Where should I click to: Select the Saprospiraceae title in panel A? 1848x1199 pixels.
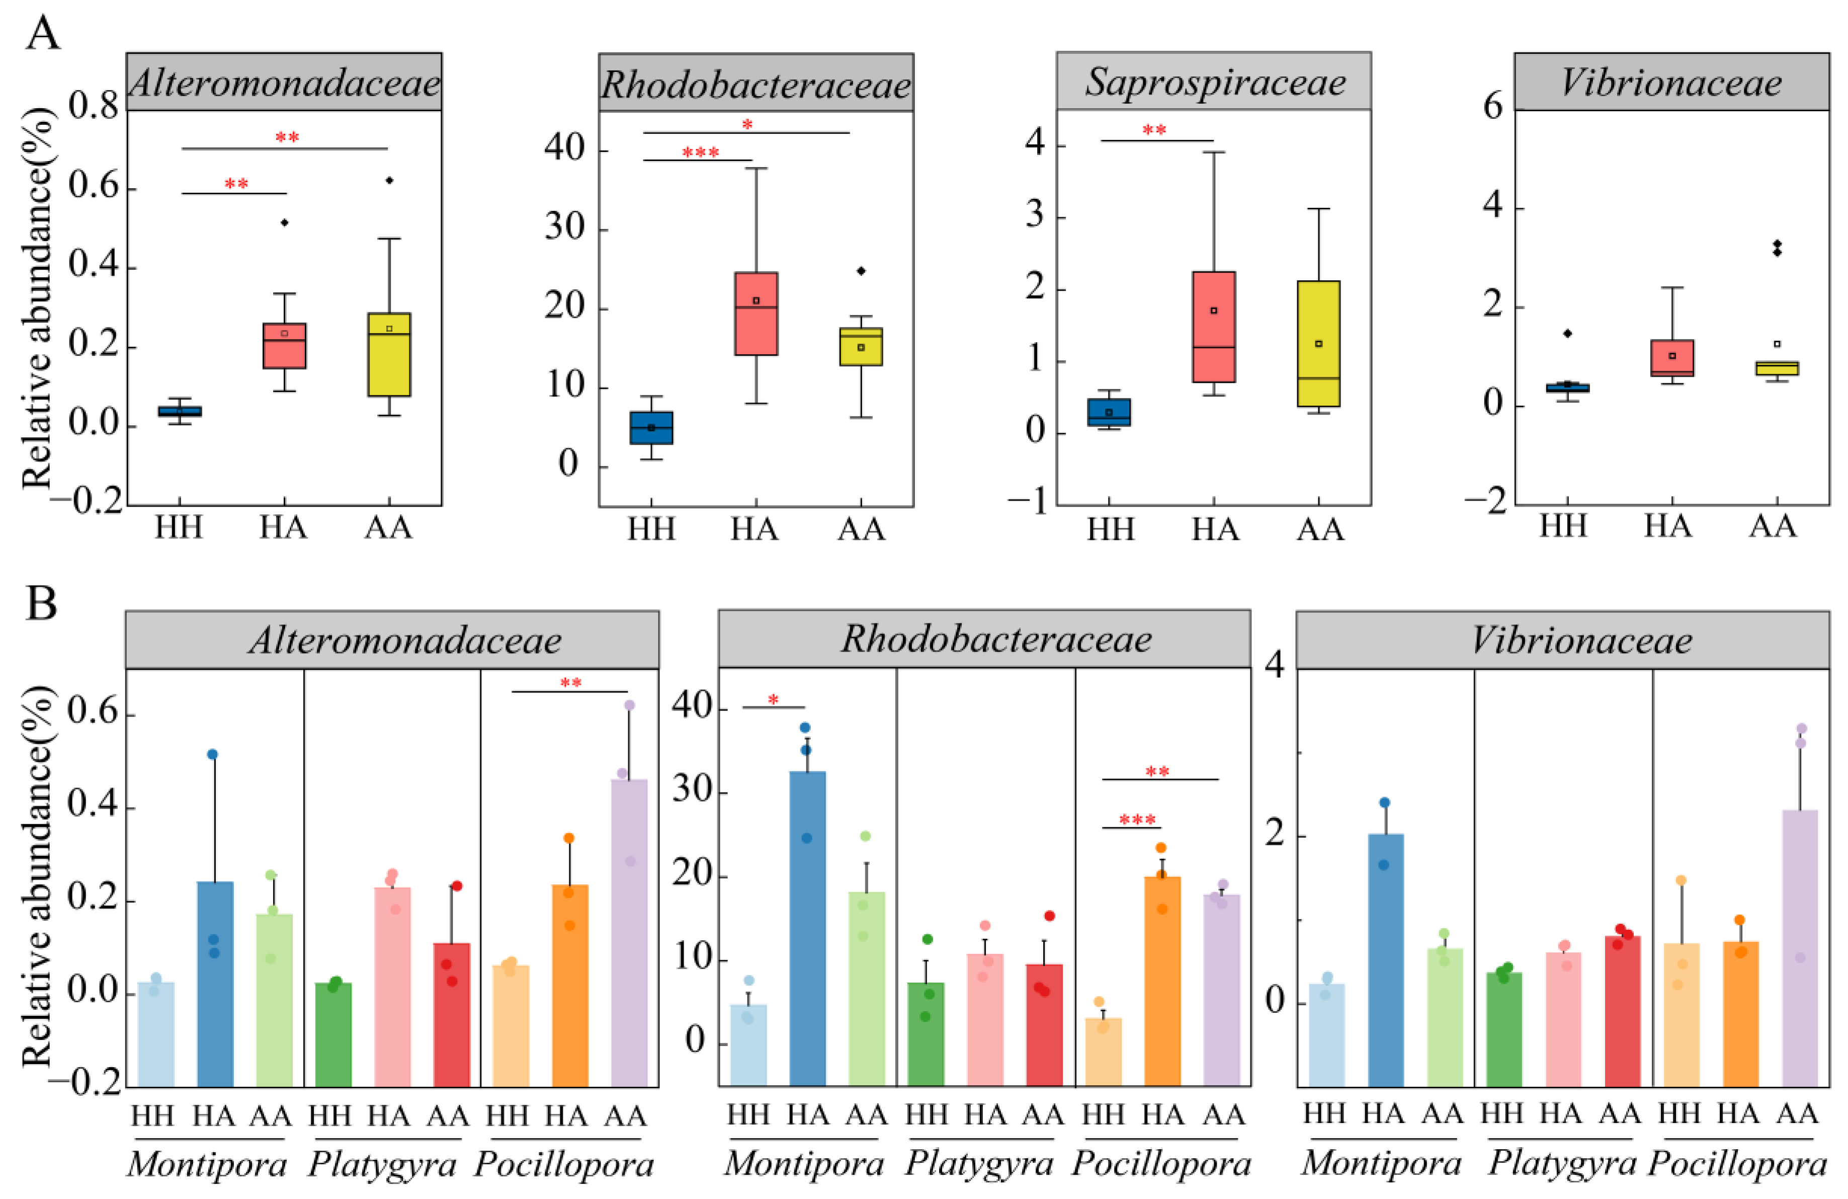click(x=1214, y=82)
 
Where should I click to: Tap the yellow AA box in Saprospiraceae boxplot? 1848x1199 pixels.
click(x=1318, y=343)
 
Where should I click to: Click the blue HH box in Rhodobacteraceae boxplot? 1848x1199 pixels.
click(x=651, y=428)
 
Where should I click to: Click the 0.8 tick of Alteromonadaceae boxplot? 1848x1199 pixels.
click(x=93, y=106)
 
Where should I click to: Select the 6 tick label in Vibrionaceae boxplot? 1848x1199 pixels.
click(x=1493, y=106)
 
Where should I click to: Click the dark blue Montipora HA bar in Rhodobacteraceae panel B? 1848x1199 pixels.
click(x=807, y=928)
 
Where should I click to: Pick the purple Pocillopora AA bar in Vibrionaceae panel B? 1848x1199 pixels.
click(x=1800, y=947)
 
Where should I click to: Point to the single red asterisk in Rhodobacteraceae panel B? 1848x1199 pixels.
click(x=774, y=700)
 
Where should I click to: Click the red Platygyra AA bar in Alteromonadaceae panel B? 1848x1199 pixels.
click(x=451, y=1013)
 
